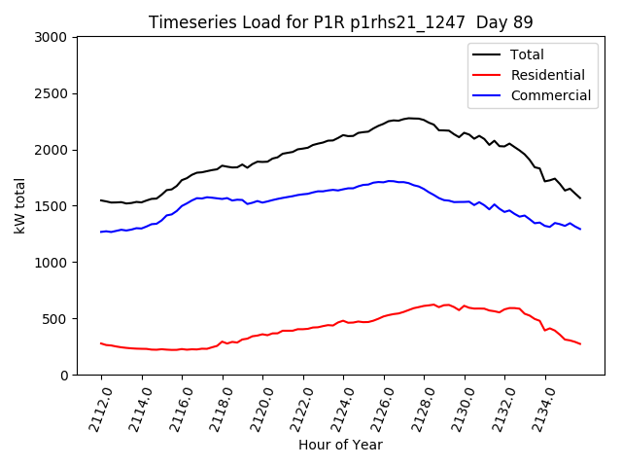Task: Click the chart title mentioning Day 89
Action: point(340,21)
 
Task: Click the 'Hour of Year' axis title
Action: point(340,445)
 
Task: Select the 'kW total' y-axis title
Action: point(20,206)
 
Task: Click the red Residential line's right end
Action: point(580,343)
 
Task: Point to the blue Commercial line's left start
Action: point(101,232)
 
